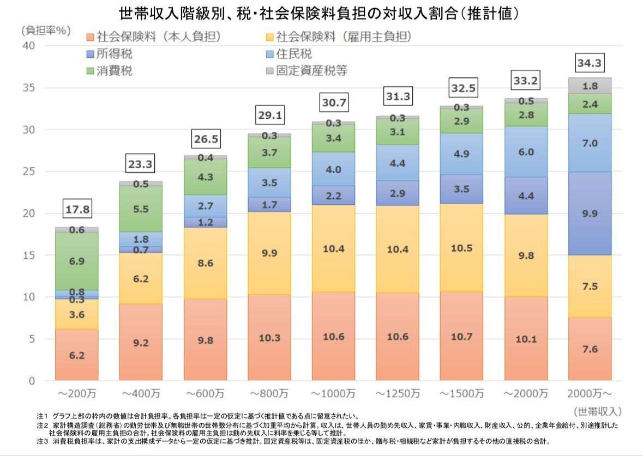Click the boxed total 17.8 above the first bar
76,209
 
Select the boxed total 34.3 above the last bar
590,64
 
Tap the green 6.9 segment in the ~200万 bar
76,262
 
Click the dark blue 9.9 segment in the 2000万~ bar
590,214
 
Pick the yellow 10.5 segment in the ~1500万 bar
461,247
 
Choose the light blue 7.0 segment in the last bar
590,143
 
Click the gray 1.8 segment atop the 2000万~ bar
590,86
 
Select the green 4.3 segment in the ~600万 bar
205,177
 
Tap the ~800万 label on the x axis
269,393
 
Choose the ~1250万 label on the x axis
398,393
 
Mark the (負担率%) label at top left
46,31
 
